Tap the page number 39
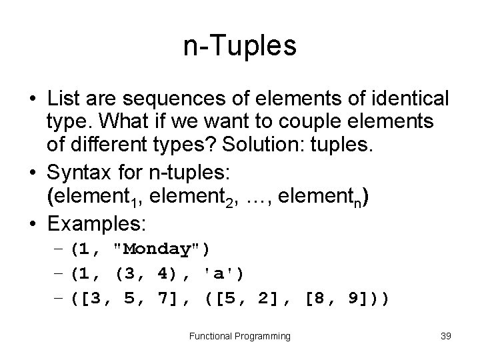pyautogui.click(x=446, y=336)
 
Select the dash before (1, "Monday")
pyautogui.click(x=58, y=249)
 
